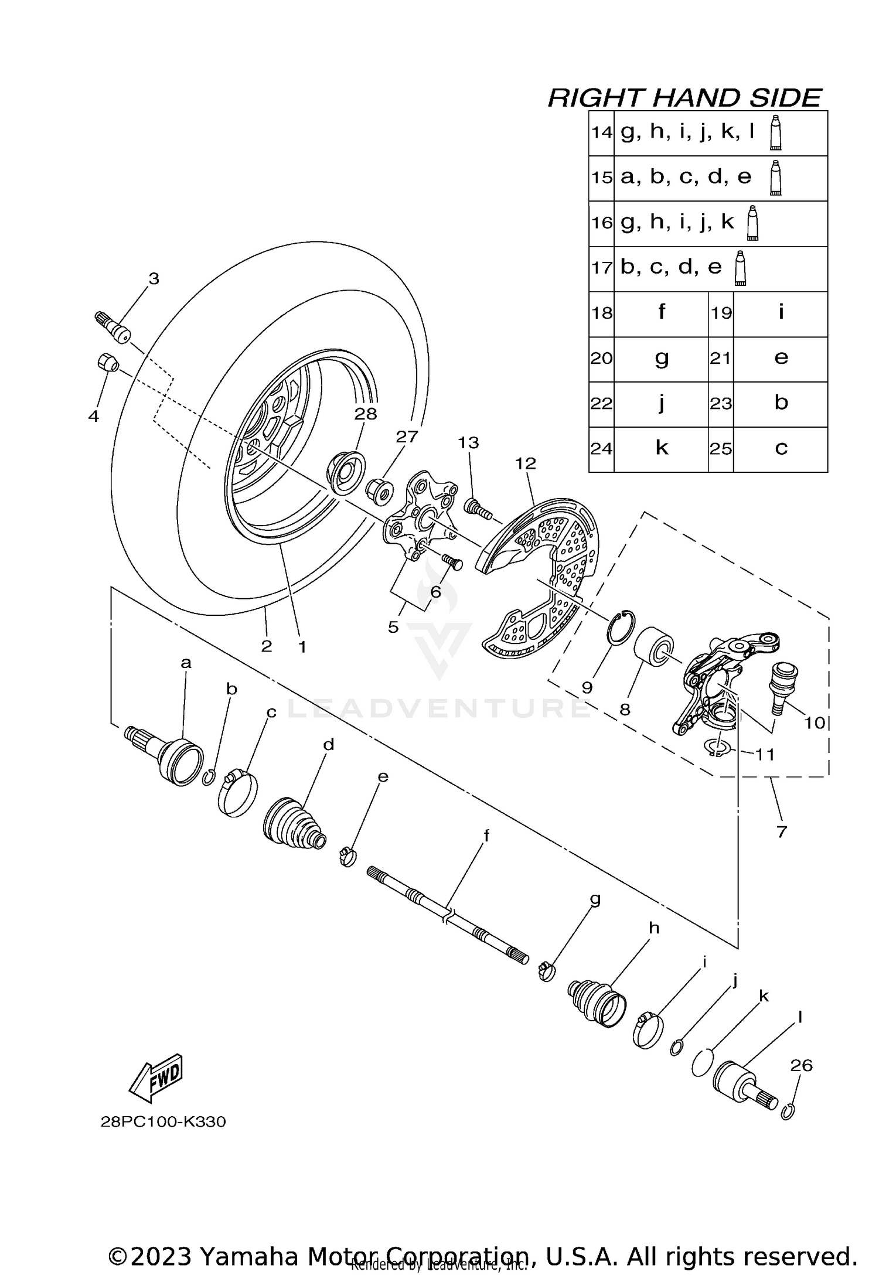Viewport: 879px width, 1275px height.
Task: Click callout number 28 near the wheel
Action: tap(366, 414)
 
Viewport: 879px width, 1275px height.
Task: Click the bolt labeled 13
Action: tap(478, 507)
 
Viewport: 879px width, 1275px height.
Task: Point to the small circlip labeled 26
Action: tap(788, 1111)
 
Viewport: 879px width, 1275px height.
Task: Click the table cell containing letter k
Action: tap(661, 449)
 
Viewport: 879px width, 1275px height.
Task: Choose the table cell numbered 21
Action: tap(721, 359)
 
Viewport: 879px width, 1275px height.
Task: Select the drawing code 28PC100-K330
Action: tap(163, 1121)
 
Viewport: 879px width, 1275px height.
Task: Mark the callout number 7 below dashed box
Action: tap(781, 831)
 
